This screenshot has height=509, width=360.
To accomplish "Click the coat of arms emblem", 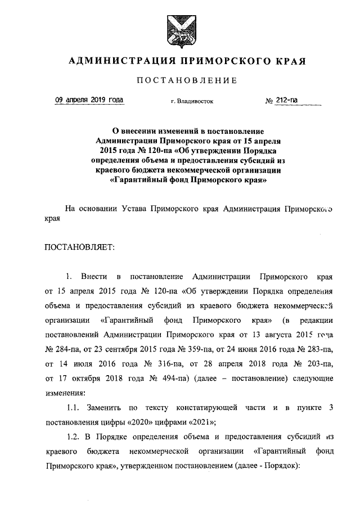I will [180, 30].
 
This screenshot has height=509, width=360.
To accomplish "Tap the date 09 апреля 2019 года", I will [89, 101].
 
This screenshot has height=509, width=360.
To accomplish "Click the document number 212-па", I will [285, 101].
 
